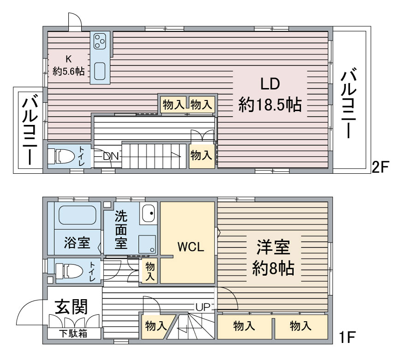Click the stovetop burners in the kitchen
100,41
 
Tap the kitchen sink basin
100,71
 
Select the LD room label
270,84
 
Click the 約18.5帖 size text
270,104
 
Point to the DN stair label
111,156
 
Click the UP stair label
203,307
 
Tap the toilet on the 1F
69,271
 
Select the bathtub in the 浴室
77,215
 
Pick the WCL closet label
191,247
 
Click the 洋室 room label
273,247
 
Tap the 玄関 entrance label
71,307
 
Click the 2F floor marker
380,167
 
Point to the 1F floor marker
348,337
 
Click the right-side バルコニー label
349,102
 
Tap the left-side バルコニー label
30,130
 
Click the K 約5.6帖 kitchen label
69,65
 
